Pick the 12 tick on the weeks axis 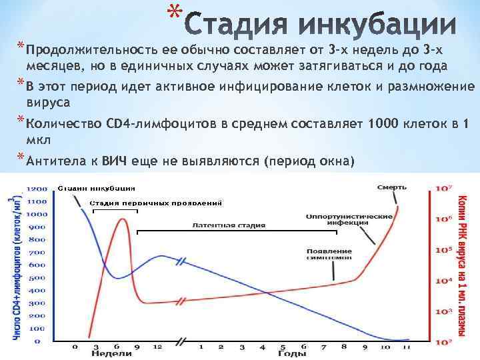tap(158, 347)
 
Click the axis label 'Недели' tap(106, 355)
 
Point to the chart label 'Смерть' tap(391, 187)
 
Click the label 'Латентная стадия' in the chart tap(229, 225)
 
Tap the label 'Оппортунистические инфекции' tap(340, 220)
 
